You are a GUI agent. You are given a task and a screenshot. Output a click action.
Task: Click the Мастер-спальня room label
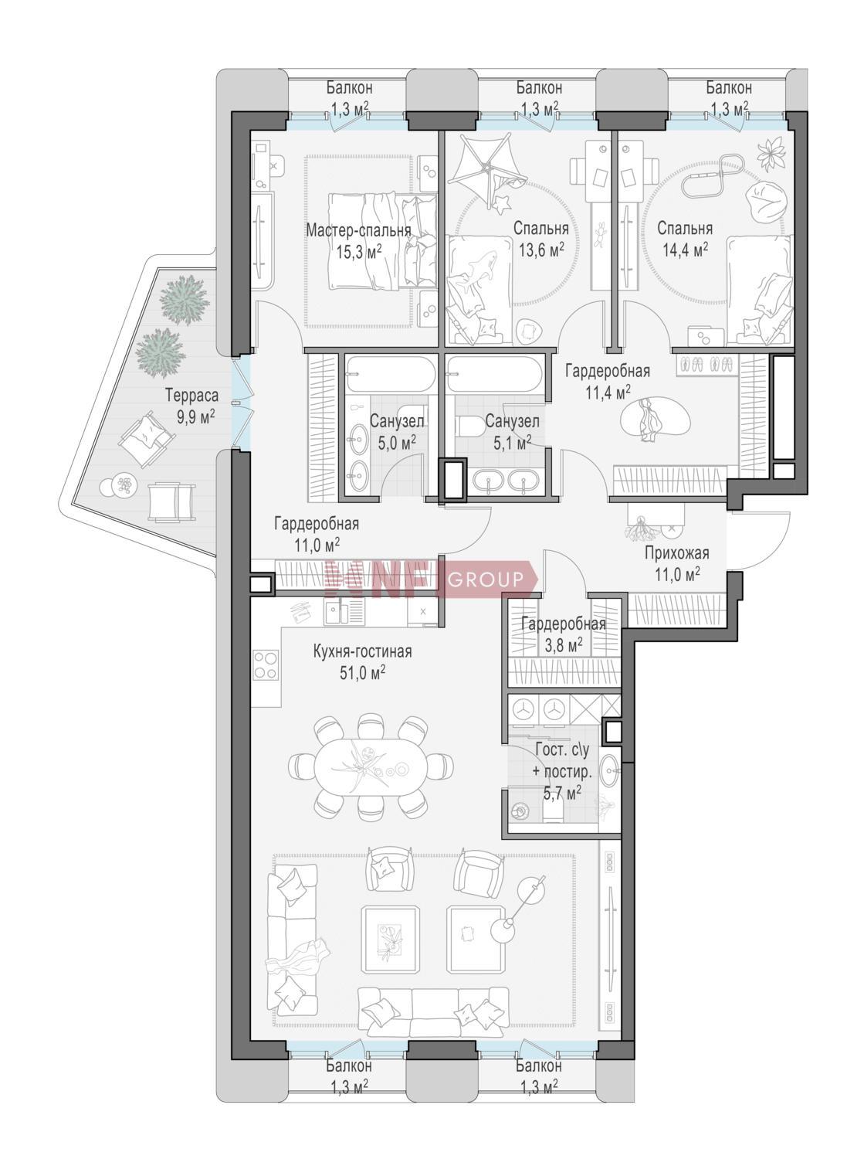pyautogui.click(x=359, y=231)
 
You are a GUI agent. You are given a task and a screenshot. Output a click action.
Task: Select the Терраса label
pyautogui.click(x=192, y=395)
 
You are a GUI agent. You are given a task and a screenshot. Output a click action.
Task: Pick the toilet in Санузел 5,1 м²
pyautogui.click(x=469, y=426)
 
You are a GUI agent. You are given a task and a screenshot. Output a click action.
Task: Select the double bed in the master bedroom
pyautogui.click(x=383, y=240)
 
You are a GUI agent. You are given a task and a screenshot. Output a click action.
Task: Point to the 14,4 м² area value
pyautogui.click(x=685, y=250)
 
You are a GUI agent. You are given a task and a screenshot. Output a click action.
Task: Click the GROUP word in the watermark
pyautogui.click(x=485, y=579)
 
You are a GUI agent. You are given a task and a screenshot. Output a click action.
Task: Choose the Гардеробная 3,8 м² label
pyautogui.click(x=564, y=634)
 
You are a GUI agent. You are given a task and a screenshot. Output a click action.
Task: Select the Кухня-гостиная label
pyautogui.click(x=362, y=651)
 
